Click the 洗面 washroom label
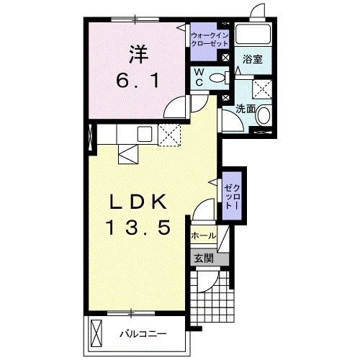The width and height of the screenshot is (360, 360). [x=246, y=109]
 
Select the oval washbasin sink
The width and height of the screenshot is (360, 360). [x=264, y=114]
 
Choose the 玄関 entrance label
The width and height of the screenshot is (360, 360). [x=201, y=258]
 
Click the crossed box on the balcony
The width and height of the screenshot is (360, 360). [x=97, y=333]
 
